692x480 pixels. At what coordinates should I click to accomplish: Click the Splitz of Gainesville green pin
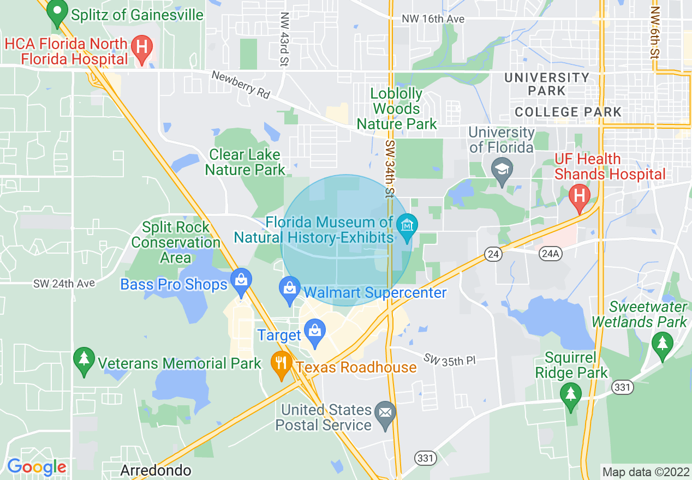pyautogui.click(x=57, y=14)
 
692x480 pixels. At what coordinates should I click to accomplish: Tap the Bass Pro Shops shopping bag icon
pyautogui.click(x=240, y=281)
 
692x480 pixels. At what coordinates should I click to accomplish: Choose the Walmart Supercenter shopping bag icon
pyautogui.click(x=289, y=289)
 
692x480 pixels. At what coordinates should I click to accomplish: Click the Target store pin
pyautogui.click(x=315, y=332)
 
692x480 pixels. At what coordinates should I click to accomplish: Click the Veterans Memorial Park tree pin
pyautogui.click(x=83, y=360)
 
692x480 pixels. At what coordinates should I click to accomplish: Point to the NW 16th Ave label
pyautogui.click(x=433, y=19)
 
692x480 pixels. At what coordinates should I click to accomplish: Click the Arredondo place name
pyautogui.click(x=156, y=470)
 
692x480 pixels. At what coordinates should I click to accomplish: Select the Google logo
pyautogui.click(x=37, y=467)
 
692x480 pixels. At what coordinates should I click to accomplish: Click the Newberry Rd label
pyautogui.click(x=241, y=85)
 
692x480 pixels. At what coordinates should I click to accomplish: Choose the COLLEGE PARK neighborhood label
pyautogui.click(x=568, y=112)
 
